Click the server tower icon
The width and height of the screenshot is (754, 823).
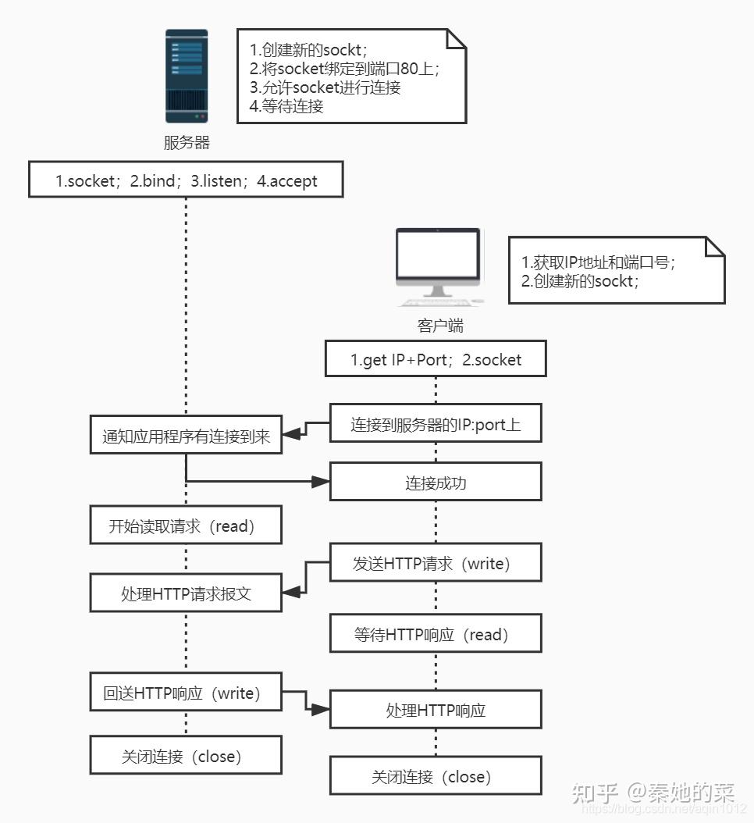[187, 76]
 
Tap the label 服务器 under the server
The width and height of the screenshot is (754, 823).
[187, 143]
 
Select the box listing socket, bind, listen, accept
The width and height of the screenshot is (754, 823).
[186, 181]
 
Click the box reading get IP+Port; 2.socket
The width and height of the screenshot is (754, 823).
[436, 360]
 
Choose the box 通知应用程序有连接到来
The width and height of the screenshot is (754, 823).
[186, 436]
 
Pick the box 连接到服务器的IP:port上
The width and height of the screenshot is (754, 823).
[436, 425]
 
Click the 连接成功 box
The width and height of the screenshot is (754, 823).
[436, 483]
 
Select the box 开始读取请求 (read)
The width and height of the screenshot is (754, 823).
[186, 526]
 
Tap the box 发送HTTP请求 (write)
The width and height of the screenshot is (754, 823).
[436, 563]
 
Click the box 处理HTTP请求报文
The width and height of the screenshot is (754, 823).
[186, 593]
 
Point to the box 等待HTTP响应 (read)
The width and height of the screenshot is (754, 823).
[436, 634]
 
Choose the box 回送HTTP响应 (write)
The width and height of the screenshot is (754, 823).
[186, 693]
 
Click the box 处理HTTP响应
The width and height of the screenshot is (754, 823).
[436, 710]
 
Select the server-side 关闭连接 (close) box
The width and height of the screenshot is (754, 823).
[186, 756]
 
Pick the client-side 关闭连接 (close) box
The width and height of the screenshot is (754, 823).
[436, 776]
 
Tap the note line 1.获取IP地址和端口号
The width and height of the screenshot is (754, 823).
[597, 262]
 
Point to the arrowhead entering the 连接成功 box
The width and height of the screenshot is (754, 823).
[321, 483]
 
